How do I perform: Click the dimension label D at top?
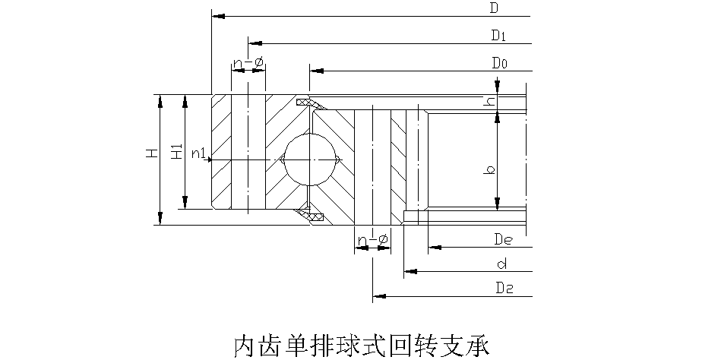[494, 9]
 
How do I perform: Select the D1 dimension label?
[498, 36]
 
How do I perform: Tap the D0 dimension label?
[499, 63]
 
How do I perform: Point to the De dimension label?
[501, 240]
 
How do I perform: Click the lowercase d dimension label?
[501, 264]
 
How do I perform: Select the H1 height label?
[176, 152]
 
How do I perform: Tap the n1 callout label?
[199, 154]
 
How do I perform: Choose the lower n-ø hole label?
[373, 241]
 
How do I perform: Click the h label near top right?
[491, 100]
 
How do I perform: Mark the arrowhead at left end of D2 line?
[378, 295]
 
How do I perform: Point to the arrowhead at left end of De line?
[434, 247]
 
